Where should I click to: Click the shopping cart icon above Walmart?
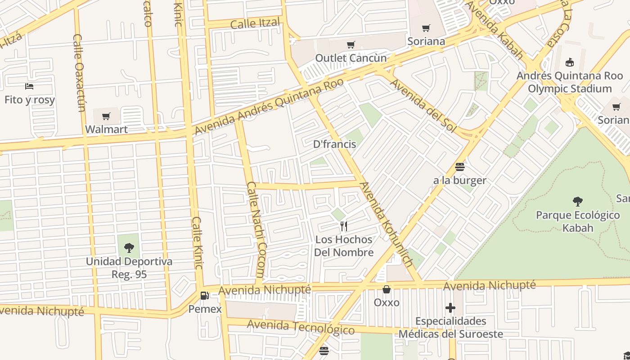click(106, 117)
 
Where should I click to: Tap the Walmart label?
click(107, 130)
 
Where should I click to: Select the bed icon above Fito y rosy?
click(30, 86)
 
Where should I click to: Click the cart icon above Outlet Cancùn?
click(351, 45)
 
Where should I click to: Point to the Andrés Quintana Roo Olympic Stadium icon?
click(570, 62)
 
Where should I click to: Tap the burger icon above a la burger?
click(459, 167)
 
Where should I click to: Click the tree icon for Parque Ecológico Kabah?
click(578, 202)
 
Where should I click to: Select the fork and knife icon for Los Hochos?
click(344, 226)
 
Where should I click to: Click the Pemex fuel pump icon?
click(205, 296)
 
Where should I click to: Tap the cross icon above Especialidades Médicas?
click(450, 308)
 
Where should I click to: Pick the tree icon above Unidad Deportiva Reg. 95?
click(129, 247)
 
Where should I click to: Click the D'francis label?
click(334, 144)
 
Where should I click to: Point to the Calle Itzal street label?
click(255, 23)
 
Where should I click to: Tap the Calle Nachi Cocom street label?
click(257, 229)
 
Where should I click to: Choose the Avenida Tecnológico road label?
click(301, 327)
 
